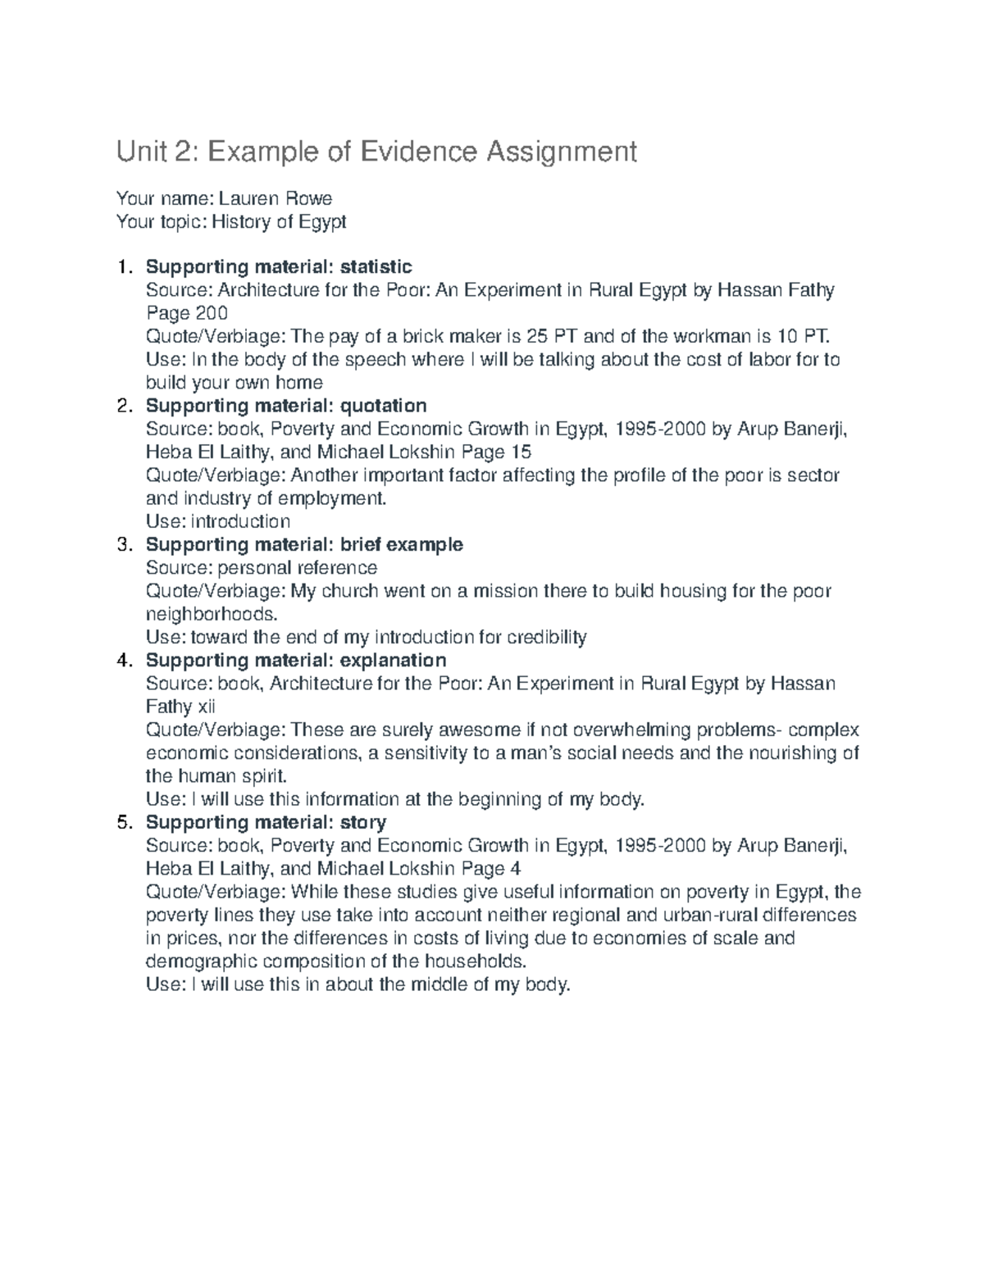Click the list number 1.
tap(123, 267)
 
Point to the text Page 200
tap(187, 313)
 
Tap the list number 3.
tap(123, 545)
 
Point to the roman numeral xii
tap(204, 707)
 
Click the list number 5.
tap(123, 822)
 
